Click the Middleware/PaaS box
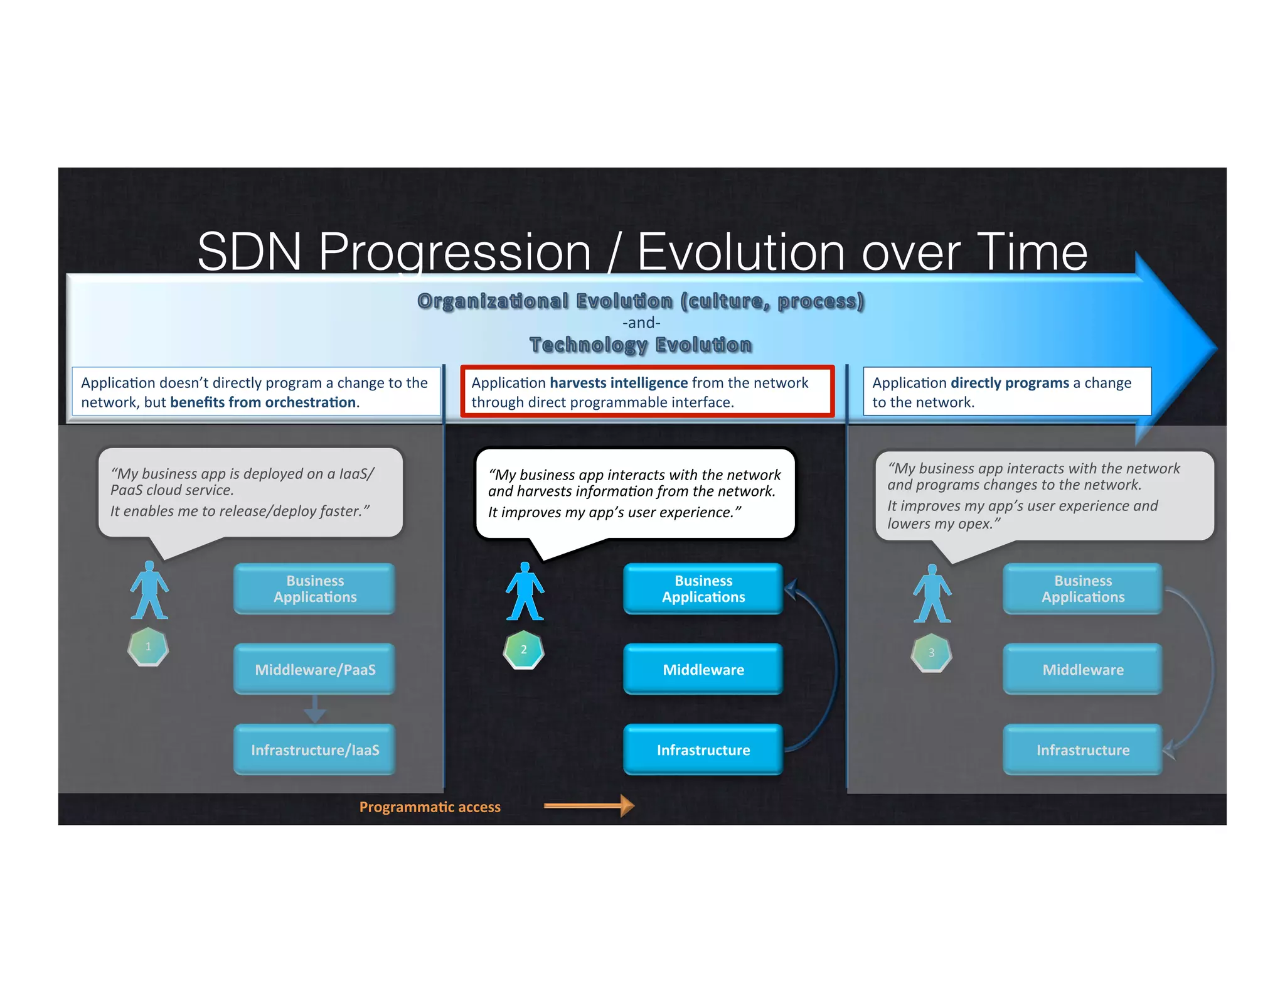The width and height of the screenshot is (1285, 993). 314,669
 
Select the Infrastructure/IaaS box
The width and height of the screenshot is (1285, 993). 314,749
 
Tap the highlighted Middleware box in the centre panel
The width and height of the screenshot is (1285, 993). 703,669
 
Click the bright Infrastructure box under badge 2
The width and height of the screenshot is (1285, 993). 703,749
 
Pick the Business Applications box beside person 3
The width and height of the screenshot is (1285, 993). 1082,589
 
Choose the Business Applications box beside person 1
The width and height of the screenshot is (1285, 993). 314,589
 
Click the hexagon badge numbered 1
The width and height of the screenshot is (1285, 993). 148,647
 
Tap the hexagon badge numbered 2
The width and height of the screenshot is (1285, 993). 523,650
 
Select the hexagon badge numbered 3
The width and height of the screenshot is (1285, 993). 931,653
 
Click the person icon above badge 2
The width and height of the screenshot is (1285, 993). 525,591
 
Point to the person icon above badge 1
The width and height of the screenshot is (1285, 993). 149,590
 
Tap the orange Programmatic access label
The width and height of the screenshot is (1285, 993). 430,807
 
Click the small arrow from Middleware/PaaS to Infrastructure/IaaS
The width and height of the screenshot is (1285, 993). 314,709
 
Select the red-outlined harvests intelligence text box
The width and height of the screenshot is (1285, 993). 647,392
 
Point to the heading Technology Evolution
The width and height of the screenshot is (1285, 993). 641,345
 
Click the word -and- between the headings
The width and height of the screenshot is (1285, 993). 641,323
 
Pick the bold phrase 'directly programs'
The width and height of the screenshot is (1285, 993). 1010,383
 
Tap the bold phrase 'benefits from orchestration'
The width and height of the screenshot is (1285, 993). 263,402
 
